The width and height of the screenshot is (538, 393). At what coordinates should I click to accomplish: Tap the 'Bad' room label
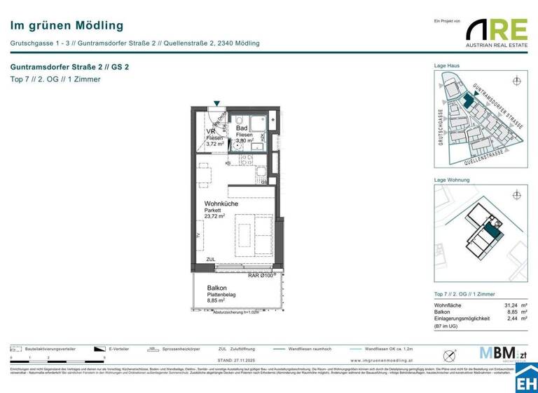(x=241, y=128)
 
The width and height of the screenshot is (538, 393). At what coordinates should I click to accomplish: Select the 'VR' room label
(x=210, y=131)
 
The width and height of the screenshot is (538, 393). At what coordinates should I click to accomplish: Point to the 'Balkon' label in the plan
(x=216, y=288)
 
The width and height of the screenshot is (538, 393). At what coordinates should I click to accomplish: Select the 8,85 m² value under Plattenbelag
(x=218, y=301)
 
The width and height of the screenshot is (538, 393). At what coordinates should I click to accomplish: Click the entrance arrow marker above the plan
(x=216, y=102)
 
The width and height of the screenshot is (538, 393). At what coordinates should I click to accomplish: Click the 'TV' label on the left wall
(x=198, y=237)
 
